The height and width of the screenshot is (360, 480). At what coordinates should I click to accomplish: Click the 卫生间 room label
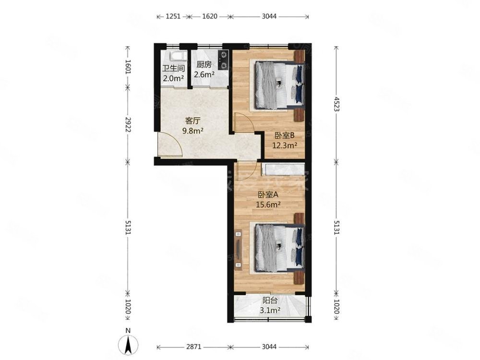[x=173, y=68]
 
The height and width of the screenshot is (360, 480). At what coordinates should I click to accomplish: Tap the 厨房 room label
[x=204, y=65]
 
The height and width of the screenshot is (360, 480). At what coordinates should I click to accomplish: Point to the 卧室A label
[x=268, y=194]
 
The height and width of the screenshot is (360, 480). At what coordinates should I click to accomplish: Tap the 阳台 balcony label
[x=269, y=301]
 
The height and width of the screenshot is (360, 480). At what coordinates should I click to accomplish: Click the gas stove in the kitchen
[x=223, y=59]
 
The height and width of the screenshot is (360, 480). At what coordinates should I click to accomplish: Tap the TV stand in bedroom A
[x=239, y=248]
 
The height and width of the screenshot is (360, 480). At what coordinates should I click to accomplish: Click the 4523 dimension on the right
[x=336, y=103]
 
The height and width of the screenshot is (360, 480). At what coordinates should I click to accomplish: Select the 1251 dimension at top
[x=173, y=16]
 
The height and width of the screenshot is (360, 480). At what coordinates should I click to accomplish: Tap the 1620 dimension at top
[x=210, y=16]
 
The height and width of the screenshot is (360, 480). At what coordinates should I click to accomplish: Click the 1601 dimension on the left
[x=128, y=66]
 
